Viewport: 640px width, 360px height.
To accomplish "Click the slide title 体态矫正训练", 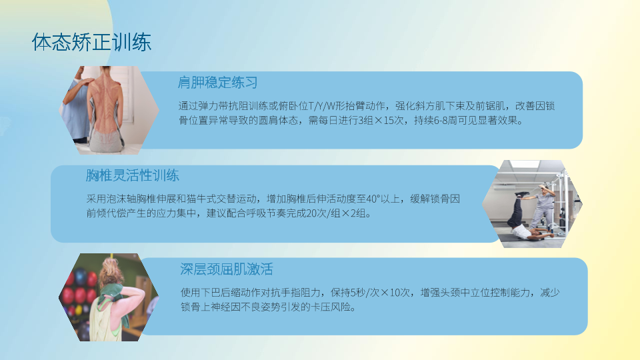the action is [92, 42].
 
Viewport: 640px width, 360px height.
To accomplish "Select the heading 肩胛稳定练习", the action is [217, 83].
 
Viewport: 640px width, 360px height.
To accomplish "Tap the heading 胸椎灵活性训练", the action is [133, 175].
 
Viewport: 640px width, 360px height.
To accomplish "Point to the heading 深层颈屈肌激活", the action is [227, 269].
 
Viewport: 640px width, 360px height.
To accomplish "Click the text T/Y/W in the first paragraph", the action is [321, 106].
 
